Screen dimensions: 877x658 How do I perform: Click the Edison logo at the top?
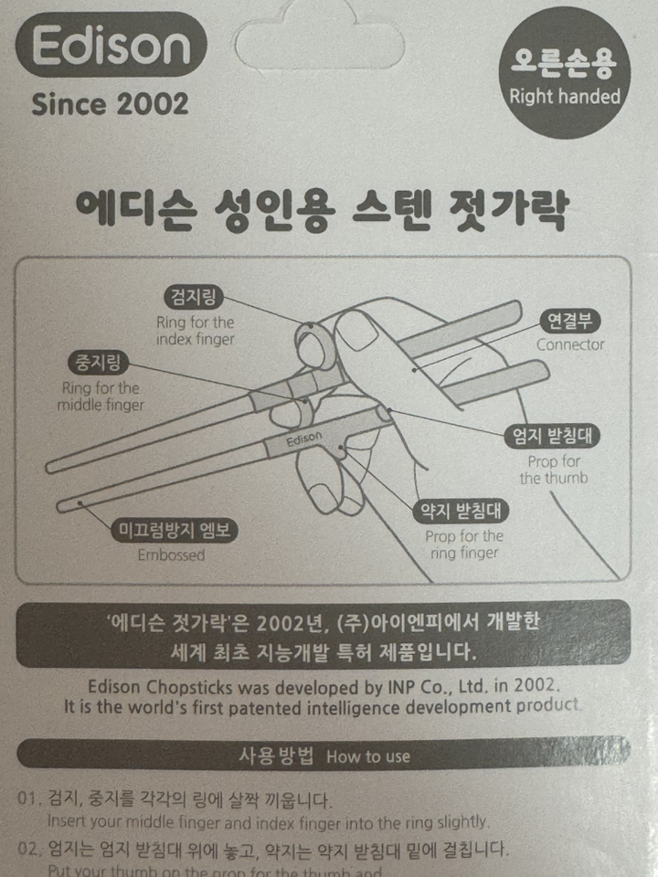(110, 46)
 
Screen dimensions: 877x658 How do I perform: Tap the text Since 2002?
(110, 103)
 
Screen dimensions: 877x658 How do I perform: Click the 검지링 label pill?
(194, 297)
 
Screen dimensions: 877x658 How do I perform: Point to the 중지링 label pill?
(99, 361)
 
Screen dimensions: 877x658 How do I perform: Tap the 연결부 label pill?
(569, 321)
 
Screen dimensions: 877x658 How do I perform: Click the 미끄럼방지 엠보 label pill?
(171, 531)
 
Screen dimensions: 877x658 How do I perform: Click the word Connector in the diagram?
(569, 345)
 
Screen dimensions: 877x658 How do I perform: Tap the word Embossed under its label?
(171, 555)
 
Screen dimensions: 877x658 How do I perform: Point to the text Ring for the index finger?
(195, 331)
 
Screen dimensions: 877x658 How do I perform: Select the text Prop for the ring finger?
(464, 544)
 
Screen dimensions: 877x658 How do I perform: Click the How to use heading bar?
(323, 755)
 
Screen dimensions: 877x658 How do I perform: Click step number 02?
(30, 850)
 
